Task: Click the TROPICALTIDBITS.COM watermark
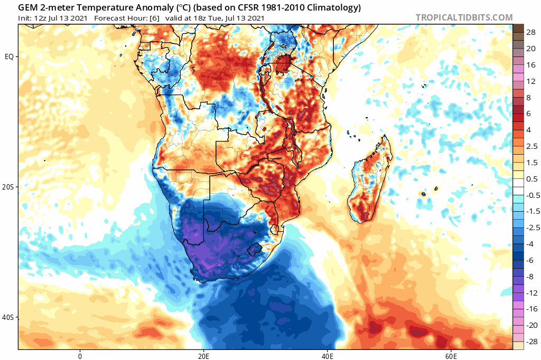click(464, 17)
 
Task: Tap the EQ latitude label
click(10, 56)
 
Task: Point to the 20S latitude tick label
click(9, 187)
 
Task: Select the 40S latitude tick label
click(9, 317)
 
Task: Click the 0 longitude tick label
click(80, 355)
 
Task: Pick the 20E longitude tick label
click(203, 355)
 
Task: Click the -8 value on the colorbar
click(529, 277)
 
